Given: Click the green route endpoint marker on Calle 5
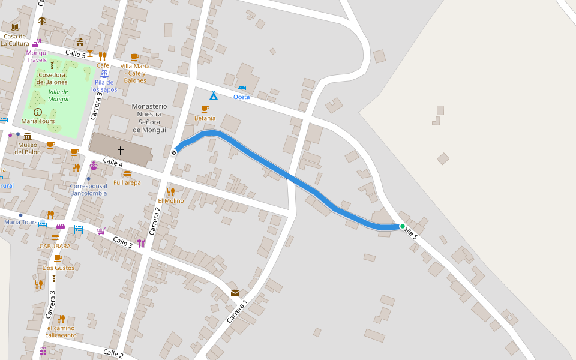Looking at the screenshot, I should coord(403,226).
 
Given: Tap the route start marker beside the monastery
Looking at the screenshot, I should coord(174,152).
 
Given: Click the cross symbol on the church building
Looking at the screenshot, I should coord(121,150).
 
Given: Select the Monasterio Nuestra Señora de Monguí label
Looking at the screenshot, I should coord(149,118).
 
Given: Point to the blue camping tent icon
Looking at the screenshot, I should coord(213,95).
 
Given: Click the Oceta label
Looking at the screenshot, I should coord(241,97).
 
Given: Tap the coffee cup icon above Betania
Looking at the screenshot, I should coord(205,109).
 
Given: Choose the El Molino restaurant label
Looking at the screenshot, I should coord(171,200).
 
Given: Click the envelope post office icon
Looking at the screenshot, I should coord(235,293).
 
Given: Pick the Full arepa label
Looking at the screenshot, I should coord(127,182).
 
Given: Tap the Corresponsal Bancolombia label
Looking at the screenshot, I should coord(88,190).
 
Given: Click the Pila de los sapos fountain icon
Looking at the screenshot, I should coord(104,74).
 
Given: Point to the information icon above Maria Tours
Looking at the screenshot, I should coord(38,112).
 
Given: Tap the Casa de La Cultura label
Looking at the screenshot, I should coord(15,40).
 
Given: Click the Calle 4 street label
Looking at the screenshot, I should coord(113,162).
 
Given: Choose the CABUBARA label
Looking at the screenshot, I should coord(55,246).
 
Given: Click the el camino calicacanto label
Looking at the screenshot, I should coord(62,331).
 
